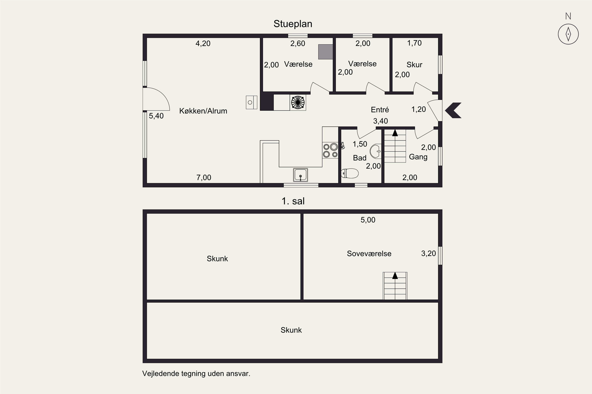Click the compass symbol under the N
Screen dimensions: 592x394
coord(568,34)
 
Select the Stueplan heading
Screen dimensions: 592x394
coord(293,24)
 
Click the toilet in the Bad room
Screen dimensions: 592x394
coord(350,173)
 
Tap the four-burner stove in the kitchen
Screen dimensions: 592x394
coord(330,150)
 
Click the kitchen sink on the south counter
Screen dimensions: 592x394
coord(300,175)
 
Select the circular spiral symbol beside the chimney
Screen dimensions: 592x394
coord(298,102)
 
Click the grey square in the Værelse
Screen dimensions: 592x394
coord(325,52)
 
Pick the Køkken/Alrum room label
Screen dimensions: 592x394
coord(203,111)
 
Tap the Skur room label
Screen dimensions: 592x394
coord(414,65)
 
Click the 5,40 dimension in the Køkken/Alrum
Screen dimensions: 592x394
coord(156,116)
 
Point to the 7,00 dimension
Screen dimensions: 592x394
coord(204,178)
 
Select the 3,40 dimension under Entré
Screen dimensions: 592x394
coord(380,121)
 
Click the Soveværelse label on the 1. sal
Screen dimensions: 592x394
coord(369,254)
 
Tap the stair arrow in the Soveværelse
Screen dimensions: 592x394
coord(395,275)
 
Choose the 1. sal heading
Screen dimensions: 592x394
coord(293,201)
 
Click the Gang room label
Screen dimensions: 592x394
coord(418,157)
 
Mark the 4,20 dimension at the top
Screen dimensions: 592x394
coord(203,44)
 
